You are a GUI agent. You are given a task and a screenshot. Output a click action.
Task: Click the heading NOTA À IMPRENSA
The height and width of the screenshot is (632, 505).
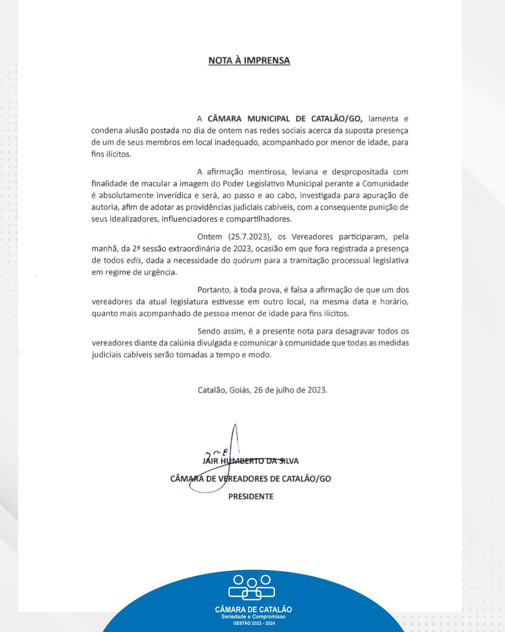[x=249, y=60]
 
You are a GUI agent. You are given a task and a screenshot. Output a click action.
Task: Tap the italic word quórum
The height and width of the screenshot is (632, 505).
[x=247, y=261]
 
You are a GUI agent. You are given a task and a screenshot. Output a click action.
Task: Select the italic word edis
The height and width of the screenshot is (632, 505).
[x=134, y=261]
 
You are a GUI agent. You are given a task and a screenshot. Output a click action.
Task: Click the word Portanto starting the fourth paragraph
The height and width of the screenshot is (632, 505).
[x=213, y=290]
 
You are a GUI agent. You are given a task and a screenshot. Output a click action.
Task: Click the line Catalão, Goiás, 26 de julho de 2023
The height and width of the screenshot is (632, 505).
[x=262, y=390]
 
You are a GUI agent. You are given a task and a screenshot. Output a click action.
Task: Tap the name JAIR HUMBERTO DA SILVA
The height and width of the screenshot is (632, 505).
[x=251, y=461]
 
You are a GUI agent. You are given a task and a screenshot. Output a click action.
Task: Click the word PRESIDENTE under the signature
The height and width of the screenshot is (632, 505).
[x=251, y=497]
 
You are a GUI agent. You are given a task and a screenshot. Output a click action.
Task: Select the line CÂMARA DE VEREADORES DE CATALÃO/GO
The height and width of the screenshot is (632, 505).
[x=251, y=479]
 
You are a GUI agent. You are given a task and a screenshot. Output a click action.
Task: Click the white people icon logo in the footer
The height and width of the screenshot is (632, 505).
[x=252, y=587]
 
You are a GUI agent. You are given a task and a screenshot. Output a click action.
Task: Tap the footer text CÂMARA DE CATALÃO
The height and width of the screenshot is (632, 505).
[x=253, y=610]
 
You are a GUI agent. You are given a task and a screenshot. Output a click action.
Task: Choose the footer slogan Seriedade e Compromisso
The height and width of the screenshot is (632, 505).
[x=253, y=617]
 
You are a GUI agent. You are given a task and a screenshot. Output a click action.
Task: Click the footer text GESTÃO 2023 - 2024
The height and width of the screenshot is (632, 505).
[x=253, y=624]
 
